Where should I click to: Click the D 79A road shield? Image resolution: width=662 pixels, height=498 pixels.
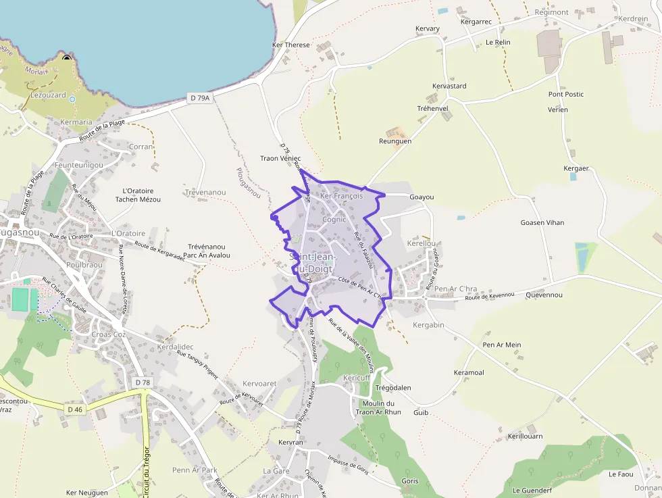[200, 98]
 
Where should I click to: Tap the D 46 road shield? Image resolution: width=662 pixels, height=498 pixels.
[74, 409]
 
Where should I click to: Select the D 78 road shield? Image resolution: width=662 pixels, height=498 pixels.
[143, 382]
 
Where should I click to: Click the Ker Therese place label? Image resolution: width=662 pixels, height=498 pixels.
[290, 45]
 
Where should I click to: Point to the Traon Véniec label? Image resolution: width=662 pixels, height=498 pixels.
[280, 159]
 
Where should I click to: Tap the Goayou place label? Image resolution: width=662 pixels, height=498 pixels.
[422, 197]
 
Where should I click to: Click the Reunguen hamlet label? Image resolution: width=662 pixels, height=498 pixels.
[396, 141]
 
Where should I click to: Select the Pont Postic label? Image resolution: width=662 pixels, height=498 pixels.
[566, 95]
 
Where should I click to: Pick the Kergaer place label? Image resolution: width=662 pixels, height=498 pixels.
[576, 168]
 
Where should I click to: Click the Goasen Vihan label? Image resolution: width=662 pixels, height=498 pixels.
[542, 223]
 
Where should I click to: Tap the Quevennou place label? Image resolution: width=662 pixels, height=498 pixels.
[544, 295]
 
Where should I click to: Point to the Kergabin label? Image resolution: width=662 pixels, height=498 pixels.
[428, 326]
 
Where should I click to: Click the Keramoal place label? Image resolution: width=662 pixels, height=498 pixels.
[469, 373]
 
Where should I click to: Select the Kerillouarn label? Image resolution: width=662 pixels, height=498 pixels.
[525, 437]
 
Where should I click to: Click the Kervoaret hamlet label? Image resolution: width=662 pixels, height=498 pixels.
[259, 384]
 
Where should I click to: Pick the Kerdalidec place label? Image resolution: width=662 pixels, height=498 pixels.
[175, 347]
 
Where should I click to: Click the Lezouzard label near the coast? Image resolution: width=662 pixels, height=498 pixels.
[49, 95]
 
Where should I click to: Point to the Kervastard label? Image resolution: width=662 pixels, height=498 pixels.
[449, 86]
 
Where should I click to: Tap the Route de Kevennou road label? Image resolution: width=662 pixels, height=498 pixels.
[490, 296]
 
